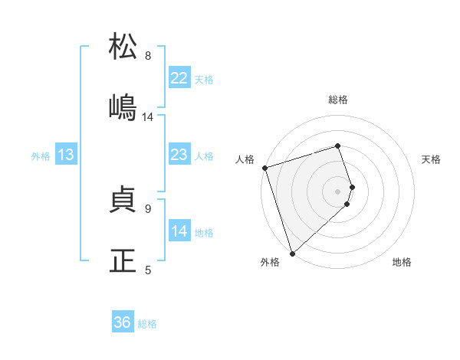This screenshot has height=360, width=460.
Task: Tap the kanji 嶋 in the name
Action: (x=123, y=107)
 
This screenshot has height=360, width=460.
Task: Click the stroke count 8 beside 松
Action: (x=148, y=56)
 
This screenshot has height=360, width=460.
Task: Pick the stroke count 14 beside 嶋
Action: (x=148, y=117)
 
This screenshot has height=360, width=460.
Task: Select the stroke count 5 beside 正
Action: (x=148, y=270)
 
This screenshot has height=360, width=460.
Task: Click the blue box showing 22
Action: (x=179, y=78)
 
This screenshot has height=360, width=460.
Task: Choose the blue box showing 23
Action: (x=179, y=155)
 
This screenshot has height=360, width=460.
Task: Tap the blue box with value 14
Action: (x=179, y=231)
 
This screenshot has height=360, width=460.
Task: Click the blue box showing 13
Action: (x=66, y=155)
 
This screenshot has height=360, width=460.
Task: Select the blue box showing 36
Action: (x=123, y=322)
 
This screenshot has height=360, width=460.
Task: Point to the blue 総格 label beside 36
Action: (x=147, y=324)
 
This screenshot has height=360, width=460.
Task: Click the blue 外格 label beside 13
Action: (x=41, y=156)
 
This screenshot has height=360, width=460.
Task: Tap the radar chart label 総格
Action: (x=338, y=100)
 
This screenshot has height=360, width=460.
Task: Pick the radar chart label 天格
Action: (x=432, y=159)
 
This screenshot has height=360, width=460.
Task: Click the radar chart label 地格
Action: (x=402, y=262)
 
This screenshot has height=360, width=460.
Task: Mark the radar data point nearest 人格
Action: (x=264, y=168)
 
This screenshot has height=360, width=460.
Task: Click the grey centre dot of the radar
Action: (x=338, y=191)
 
